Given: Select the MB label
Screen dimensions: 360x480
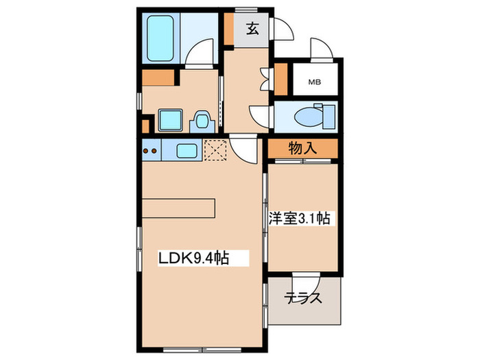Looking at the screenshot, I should [315, 82].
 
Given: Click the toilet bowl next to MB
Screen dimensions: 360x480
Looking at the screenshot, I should [309, 117].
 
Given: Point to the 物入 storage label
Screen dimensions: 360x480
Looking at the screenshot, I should [302, 147].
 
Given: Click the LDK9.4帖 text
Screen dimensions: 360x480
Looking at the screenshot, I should [193, 258].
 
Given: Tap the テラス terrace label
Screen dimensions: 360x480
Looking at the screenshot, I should [304, 299].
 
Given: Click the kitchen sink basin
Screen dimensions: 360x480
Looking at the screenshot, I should [187, 150].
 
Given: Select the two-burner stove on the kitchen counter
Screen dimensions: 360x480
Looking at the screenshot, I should [151, 149].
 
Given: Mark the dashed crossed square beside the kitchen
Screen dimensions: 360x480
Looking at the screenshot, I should [215, 150].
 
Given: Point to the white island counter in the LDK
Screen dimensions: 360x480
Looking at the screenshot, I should [179, 207].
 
